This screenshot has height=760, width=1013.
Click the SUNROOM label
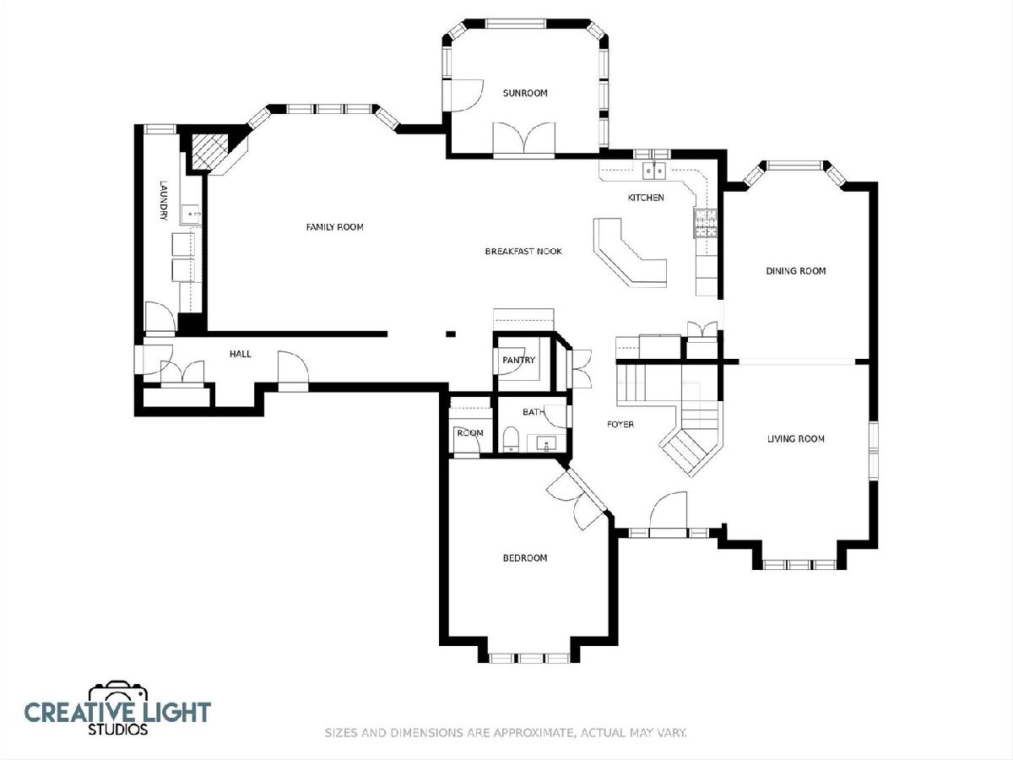(x=525, y=93)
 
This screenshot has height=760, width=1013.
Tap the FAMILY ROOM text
(x=334, y=227)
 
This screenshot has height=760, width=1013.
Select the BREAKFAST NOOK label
(x=523, y=252)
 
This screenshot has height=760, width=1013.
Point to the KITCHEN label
(x=646, y=198)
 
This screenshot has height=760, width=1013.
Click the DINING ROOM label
(x=796, y=271)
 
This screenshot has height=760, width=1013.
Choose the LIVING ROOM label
(x=796, y=439)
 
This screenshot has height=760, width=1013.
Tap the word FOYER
(x=620, y=424)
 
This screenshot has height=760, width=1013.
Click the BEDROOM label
(x=525, y=558)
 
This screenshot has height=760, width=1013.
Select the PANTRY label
(x=518, y=360)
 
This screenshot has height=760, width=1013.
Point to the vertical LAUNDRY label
(x=164, y=201)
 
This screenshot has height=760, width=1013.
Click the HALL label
(x=241, y=354)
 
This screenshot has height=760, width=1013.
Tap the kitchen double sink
(x=654, y=171)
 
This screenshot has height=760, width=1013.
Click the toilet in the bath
(x=510, y=439)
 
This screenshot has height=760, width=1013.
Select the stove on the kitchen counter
(x=706, y=223)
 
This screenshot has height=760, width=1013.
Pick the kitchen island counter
(x=629, y=252)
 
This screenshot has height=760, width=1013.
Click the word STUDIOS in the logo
(x=117, y=730)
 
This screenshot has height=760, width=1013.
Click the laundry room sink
(x=190, y=214)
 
